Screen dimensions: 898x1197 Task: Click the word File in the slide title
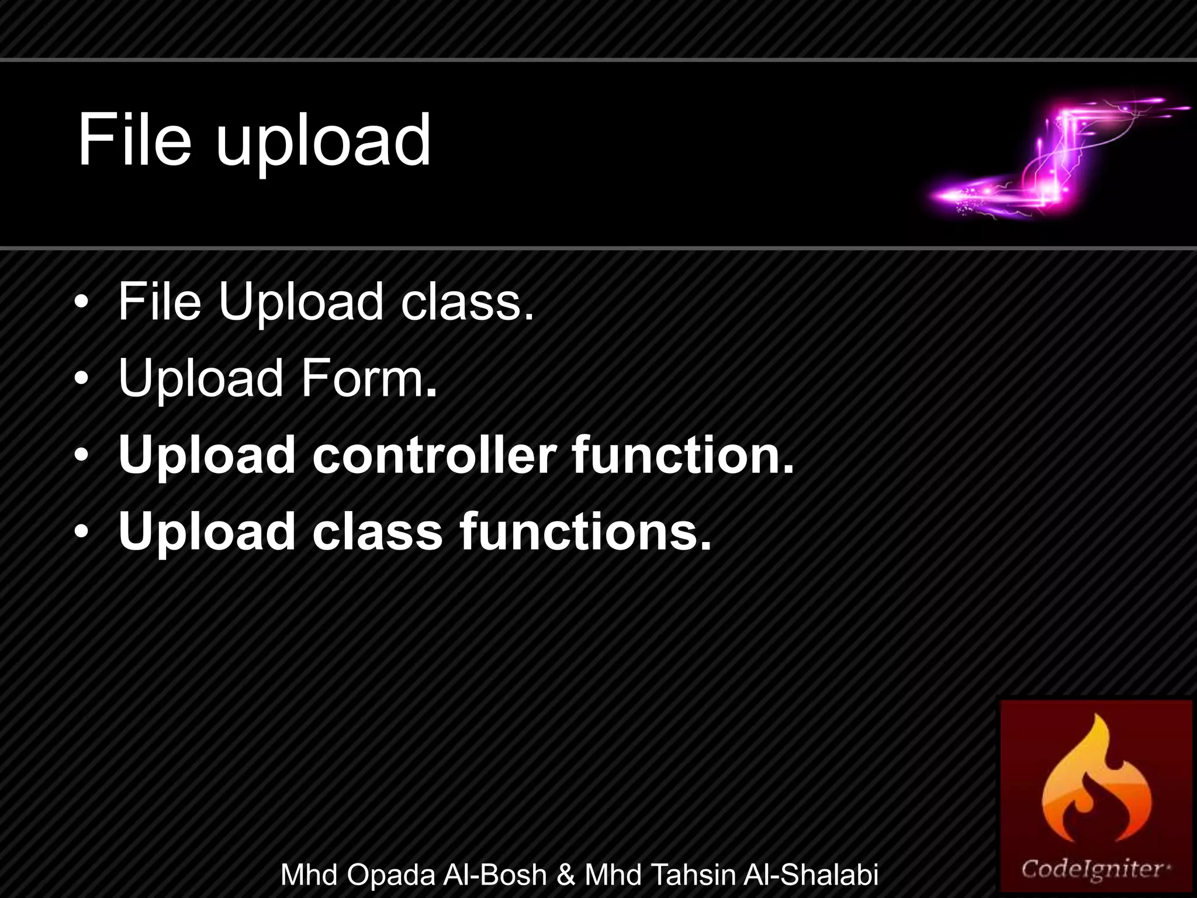click(x=134, y=140)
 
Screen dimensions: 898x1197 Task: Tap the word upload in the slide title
click(x=323, y=143)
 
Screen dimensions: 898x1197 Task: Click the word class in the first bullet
click(x=467, y=302)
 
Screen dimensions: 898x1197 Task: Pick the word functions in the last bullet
click(x=585, y=531)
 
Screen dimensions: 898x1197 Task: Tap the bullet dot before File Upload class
click(x=82, y=302)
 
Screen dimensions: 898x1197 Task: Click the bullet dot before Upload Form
click(x=82, y=379)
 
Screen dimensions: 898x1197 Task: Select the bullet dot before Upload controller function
click(x=82, y=455)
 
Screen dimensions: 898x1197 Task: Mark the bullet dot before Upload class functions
click(x=82, y=532)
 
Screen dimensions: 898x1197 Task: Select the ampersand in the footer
click(x=566, y=875)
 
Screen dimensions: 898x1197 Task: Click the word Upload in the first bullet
click(x=300, y=302)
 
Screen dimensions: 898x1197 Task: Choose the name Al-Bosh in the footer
click(x=494, y=875)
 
